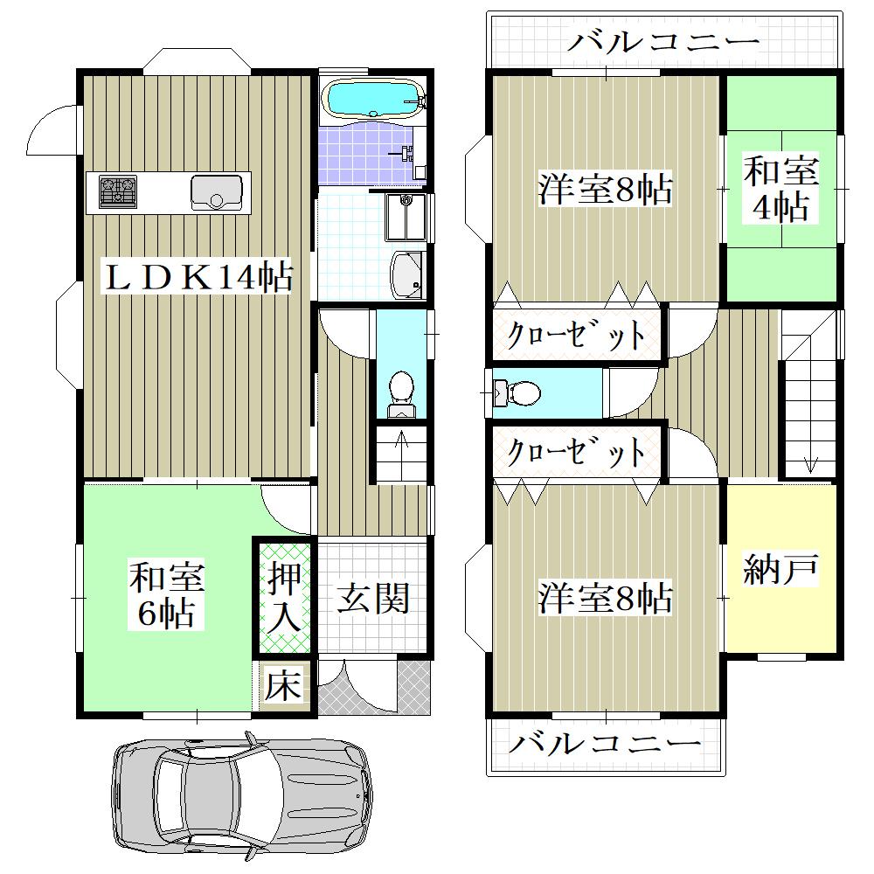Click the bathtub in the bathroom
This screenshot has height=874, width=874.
click(x=374, y=100)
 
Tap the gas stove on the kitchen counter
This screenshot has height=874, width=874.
click(x=118, y=191)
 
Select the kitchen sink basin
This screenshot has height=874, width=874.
click(x=217, y=192)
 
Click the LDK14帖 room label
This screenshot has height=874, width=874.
click(x=199, y=277)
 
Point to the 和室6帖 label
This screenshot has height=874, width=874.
click(x=167, y=594)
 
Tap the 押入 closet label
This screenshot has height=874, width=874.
click(x=285, y=597)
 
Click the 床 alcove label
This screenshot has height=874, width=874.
click(x=283, y=685)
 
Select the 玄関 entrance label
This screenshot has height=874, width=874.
click(x=373, y=599)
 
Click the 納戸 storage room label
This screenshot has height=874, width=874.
click(x=780, y=570)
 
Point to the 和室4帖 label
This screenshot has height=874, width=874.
click(x=780, y=189)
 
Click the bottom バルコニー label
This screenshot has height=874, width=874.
click(x=605, y=744)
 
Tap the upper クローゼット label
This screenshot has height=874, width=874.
click(x=576, y=335)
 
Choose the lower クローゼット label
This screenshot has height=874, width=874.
click(x=576, y=451)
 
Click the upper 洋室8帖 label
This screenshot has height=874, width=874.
click(x=606, y=190)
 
